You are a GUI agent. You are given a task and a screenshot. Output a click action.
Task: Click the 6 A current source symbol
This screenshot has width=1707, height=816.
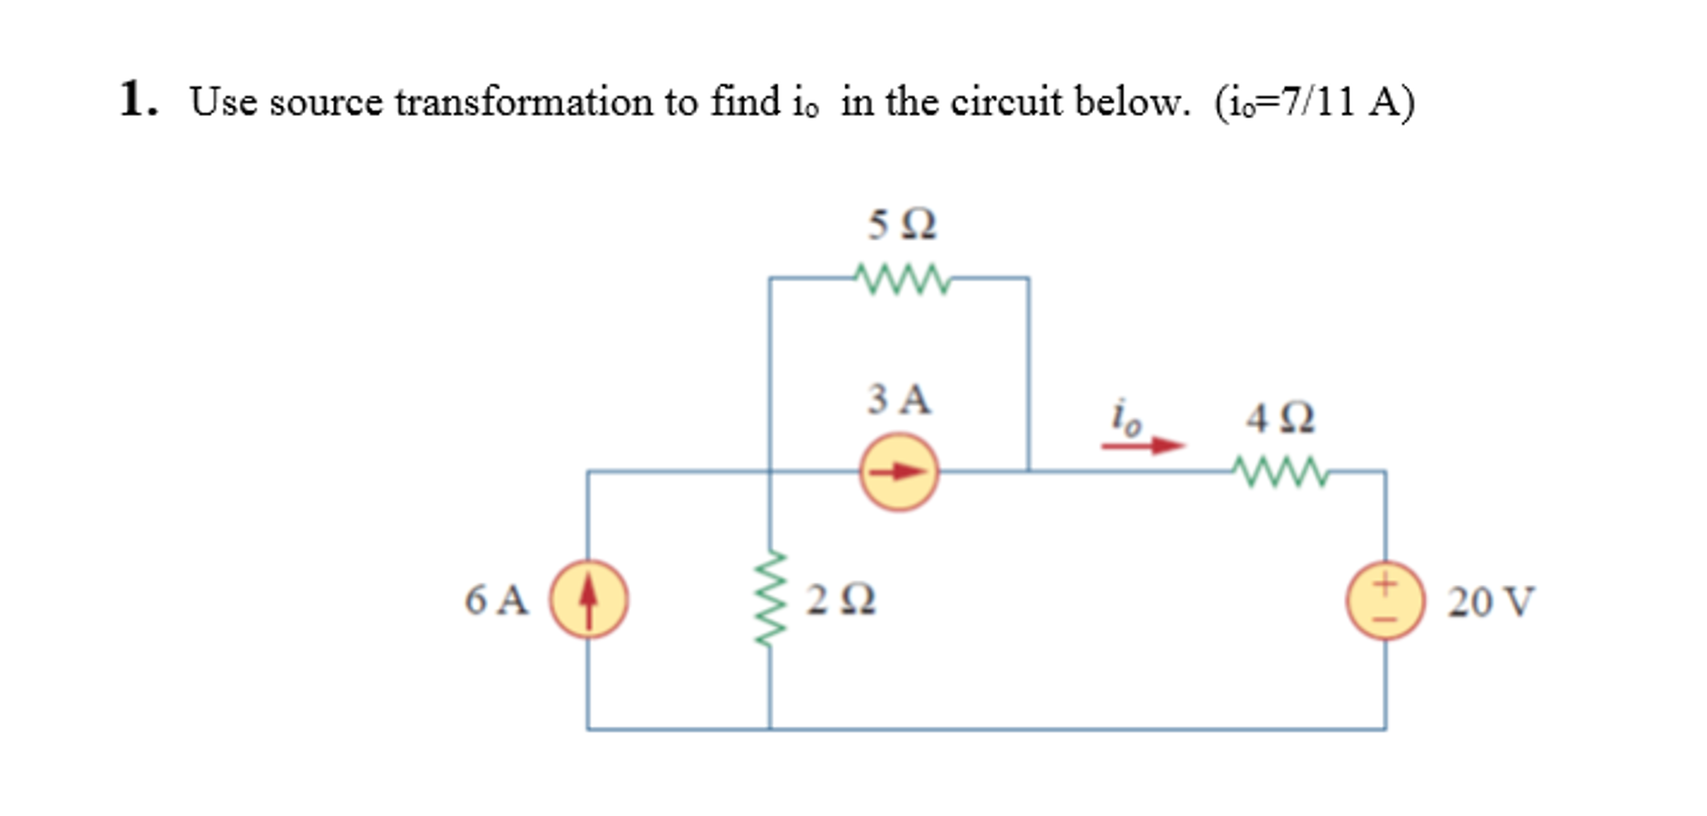[x=588, y=599]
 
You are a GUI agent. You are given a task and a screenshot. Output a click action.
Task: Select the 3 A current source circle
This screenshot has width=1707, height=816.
[x=899, y=472]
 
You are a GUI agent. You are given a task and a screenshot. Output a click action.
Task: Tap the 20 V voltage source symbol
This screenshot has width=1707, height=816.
[x=1384, y=601]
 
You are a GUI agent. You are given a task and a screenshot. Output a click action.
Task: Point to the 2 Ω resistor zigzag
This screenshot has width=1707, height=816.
[x=770, y=597]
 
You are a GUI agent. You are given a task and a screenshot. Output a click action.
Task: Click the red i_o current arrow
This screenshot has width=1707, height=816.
[x=1142, y=446]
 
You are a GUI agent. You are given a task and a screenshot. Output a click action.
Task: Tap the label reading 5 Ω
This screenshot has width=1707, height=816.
[x=902, y=224]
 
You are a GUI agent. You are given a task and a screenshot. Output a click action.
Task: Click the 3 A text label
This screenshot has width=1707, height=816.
[x=899, y=399]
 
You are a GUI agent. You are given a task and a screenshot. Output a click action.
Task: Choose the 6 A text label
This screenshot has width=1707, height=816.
[x=496, y=600]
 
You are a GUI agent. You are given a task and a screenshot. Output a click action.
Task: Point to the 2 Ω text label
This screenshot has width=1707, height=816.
[x=840, y=600]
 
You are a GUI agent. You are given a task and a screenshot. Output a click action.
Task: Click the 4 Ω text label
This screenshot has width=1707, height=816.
[x=1280, y=417]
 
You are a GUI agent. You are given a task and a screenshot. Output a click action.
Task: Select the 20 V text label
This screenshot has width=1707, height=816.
[x=1490, y=602]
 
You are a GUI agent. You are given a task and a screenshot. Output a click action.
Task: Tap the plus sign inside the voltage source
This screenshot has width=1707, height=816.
[x=1385, y=583]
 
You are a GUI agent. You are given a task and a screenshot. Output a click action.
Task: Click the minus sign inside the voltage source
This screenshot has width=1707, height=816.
[x=1385, y=619]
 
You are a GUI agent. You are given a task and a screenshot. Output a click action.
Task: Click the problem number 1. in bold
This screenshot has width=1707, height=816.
[x=138, y=99]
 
